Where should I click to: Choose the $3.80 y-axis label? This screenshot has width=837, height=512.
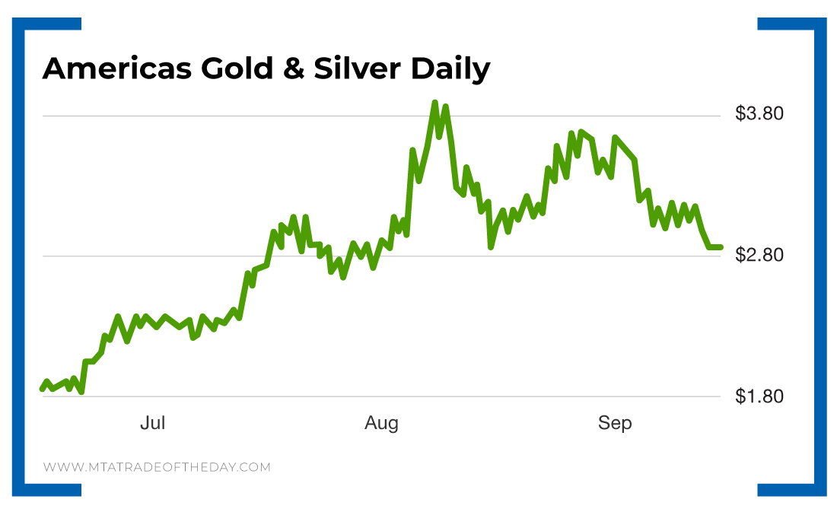[759, 115]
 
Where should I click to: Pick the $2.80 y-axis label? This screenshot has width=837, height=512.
[759, 256]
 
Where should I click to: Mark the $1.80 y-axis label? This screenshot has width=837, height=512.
[759, 396]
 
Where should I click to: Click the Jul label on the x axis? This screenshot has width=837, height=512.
[152, 424]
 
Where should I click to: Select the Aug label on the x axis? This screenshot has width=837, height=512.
[381, 424]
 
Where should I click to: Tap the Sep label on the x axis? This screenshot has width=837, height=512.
[615, 424]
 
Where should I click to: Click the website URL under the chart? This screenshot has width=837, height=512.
[157, 467]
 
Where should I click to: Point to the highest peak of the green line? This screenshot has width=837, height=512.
[434, 103]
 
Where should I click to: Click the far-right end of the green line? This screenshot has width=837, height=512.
[720, 246]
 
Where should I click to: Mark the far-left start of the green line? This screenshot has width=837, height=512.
[42, 389]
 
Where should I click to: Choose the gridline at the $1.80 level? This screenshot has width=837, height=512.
[380, 397]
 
